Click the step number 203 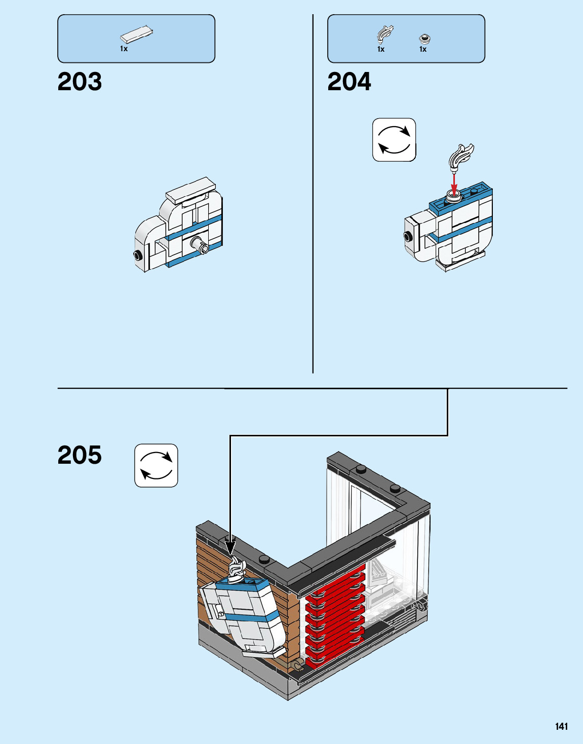pos(80,82)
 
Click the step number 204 pos(349,82)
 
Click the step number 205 pos(80,455)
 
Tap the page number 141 pos(561,726)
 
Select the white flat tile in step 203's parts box pos(136,34)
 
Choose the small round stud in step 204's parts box pos(425,38)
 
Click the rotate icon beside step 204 pos(394,140)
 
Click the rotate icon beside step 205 pos(156,465)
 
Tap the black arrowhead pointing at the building pos(230,548)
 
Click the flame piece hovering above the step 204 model pos(460,156)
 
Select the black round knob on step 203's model pos(137,255)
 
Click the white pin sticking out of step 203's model pos(199,246)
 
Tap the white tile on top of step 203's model pos(191,190)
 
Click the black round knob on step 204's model pos(407,236)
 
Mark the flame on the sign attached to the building pos(237,568)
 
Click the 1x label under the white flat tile pos(124,49)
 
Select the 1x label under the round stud pos(423,49)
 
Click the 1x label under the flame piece pos(381,49)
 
